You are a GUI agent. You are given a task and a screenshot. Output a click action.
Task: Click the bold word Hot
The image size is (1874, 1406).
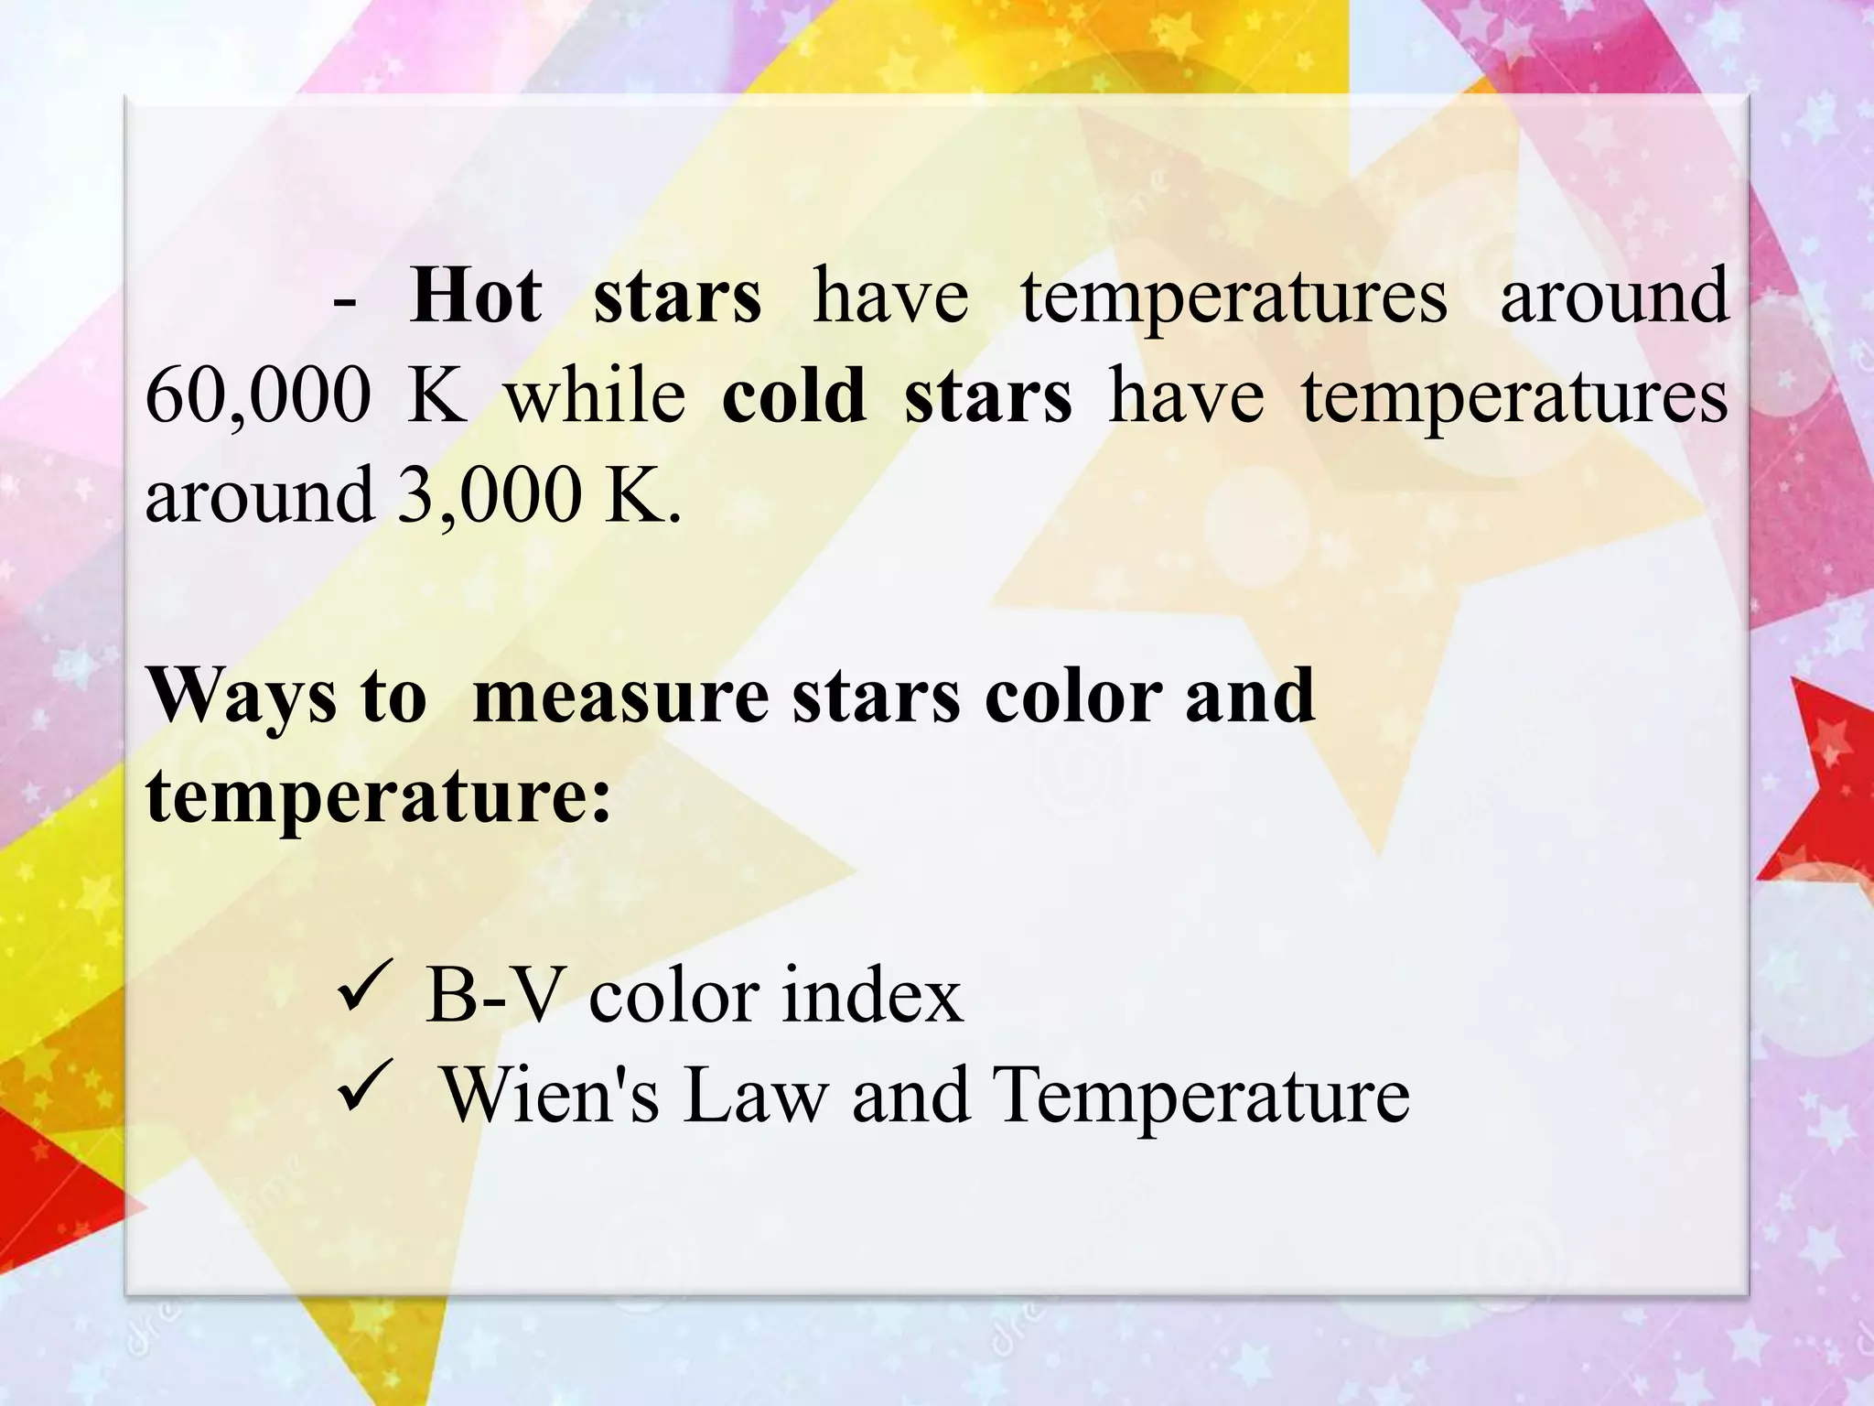pyautogui.click(x=475, y=296)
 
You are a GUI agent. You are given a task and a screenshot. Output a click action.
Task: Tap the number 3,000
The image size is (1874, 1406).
pyautogui.click(x=489, y=494)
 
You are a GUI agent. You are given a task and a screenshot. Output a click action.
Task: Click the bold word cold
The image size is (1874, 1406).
pyautogui.click(x=793, y=395)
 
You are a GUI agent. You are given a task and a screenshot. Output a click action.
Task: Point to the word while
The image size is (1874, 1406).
pyautogui.click(x=595, y=395)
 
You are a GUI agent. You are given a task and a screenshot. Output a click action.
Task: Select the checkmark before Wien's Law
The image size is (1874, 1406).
pyautogui.click(x=365, y=1092)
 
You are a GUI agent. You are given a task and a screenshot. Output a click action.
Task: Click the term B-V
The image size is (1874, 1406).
pyautogui.click(x=490, y=996)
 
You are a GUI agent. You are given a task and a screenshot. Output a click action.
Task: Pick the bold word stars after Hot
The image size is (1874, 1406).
pyautogui.click(x=676, y=296)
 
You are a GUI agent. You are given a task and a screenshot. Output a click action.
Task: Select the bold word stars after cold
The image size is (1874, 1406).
pyautogui.click(x=987, y=395)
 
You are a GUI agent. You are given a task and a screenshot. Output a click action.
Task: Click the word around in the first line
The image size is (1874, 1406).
pyautogui.click(x=1614, y=296)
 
